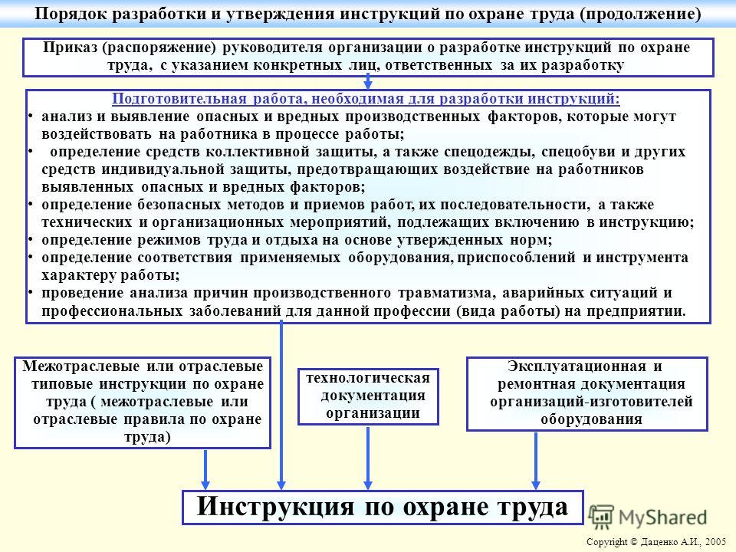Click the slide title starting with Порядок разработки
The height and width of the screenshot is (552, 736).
coord(368,13)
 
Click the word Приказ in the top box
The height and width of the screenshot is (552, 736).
coord(70,48)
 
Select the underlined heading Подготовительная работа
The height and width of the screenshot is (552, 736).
coord(366,99)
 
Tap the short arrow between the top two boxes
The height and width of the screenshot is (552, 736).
coord(368,82)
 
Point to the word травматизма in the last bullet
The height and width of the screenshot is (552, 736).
coord(445,293)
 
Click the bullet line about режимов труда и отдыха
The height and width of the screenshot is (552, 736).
coord(297,240)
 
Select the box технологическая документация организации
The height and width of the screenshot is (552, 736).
coord(368,396)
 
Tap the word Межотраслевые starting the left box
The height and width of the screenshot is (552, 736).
coord(80,366)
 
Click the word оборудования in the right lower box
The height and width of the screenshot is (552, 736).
coord(591,419)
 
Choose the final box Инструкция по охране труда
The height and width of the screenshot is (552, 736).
coord(383,507)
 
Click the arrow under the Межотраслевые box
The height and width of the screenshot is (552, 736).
coord(205,469)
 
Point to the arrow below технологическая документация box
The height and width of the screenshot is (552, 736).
coord(368,458)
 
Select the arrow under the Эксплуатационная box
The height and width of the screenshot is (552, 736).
coord(536,461)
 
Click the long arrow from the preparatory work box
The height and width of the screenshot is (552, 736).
coord(281,405)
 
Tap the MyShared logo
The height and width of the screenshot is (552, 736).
coord(648,517)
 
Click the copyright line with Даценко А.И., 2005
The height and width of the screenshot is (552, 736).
coord(656,542)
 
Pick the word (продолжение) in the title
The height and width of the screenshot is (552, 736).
coord(640,14)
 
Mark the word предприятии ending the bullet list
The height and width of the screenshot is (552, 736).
coord(626,311)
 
